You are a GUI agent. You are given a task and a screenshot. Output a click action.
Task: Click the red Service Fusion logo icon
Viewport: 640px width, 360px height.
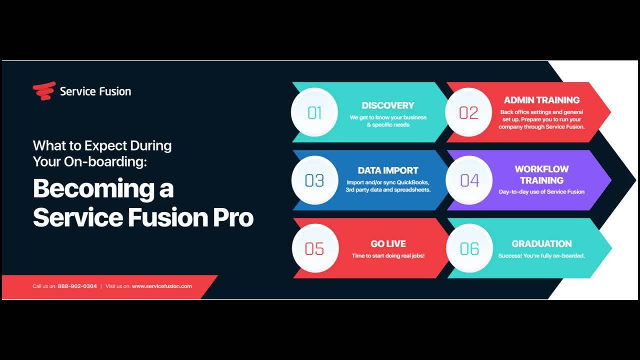coord(44,91)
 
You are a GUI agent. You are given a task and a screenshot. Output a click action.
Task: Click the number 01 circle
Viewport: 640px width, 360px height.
coord(314,112)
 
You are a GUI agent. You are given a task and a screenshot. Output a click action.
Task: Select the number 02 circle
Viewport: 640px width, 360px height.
coord(468,112)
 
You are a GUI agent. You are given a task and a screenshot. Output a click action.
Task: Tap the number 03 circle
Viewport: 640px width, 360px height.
coord(314,180)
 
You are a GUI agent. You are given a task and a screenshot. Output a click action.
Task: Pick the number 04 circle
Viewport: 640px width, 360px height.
coord(469,180)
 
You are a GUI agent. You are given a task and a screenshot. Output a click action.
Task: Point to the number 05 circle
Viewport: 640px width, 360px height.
coord(315,248)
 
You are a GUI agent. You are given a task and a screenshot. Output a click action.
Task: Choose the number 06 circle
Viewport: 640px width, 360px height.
coord(469,248)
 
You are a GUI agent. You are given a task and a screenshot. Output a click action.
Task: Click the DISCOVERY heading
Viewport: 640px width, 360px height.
coord(387,105)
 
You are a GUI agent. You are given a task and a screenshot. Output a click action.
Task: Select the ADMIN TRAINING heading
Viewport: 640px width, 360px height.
coord(541,100)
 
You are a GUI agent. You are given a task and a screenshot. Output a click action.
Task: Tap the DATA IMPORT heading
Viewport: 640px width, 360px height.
coord(388,170)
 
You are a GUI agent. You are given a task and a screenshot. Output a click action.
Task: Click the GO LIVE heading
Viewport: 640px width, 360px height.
coord(388,243)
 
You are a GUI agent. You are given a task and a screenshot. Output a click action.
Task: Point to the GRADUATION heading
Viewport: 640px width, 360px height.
coord(541,243)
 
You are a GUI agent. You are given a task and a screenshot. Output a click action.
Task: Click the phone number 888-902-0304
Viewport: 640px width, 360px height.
coord(77,286)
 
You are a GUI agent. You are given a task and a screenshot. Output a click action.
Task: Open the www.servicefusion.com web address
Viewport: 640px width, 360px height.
coord(161,286)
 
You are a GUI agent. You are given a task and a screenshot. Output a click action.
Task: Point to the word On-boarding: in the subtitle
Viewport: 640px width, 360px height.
coord(105,161)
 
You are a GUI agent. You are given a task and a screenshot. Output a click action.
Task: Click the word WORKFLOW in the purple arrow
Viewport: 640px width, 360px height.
coord(541,169)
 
